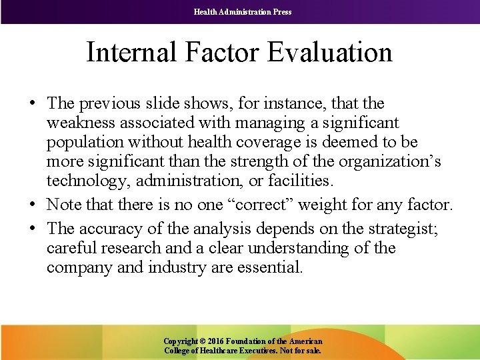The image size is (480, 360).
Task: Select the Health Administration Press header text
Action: [243, 11]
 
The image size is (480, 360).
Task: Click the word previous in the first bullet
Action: [108, 103]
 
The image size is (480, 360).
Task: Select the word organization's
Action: [391, 161]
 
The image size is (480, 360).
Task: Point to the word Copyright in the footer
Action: [181, 341]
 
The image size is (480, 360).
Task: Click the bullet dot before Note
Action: [32, 205]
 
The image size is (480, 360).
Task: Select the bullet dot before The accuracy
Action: [32, 229]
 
